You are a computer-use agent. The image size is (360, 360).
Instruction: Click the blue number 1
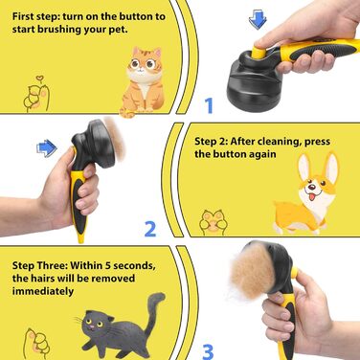pyautogui.click(x=209, y=105)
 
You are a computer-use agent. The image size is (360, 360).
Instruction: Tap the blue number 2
pyautogui.click(x=150, y=229)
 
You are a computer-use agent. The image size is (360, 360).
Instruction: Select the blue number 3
pyautogui.click(x=208, y=351)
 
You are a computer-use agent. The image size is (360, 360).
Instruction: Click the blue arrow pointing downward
pyautogui.click(x=258, y=20)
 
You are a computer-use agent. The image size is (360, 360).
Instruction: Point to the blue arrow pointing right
pyautogui.click(x=47, y=148)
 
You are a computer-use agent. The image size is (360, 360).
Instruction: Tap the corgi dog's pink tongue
pyautogui.click(x=311, y=196)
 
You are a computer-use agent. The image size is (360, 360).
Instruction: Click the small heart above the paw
pyautogui.click(x=39, y=78)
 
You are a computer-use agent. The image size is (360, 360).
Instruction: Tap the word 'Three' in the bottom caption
pyautogui.click(x=53, y=265)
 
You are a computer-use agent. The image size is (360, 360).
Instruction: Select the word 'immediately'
pyautogui.click(x=43, y=291)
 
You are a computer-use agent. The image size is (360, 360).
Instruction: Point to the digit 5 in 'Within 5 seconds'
pyautogui.click(x=107, y=265)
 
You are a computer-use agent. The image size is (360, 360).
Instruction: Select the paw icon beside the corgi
pyautogui.click(x=214, y=221)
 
